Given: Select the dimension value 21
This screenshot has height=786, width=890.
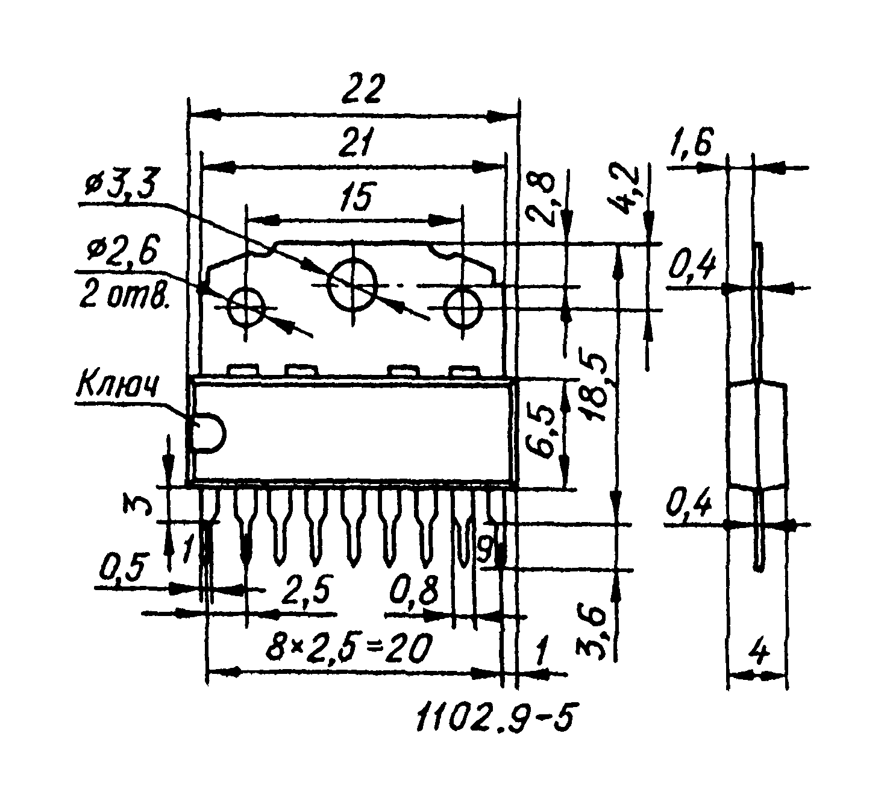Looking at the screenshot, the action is (356, 142).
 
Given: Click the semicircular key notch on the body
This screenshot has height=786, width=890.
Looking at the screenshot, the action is (224, 432).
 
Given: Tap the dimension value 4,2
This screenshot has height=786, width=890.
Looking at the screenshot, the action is (621, 187).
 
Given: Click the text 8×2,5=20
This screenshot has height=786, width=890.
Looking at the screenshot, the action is (348, 647).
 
